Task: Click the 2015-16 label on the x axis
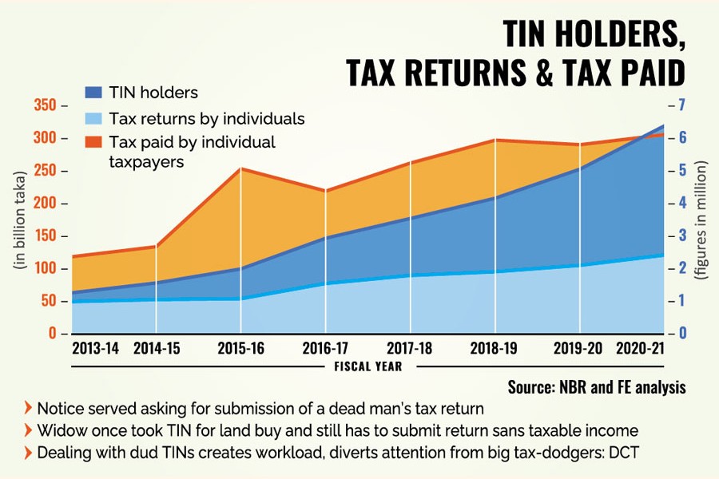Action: coord(240,348)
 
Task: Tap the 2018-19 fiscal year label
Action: coord(496,348)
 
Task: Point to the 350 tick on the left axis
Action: coord(46,105)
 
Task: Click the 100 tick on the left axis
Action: coord(46,268)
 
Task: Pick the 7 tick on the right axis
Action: coord(683,105)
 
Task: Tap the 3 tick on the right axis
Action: coord(683,236)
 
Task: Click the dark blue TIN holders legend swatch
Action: coord(93,93)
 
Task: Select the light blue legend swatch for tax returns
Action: coord(93,118)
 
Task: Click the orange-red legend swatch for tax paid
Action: coord(93,142)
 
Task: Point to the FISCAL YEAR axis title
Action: coord(367,367)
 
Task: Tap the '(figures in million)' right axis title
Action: coord(703,220)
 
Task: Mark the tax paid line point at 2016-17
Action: coord(325,190)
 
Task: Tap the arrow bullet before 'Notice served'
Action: coord(29,409)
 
